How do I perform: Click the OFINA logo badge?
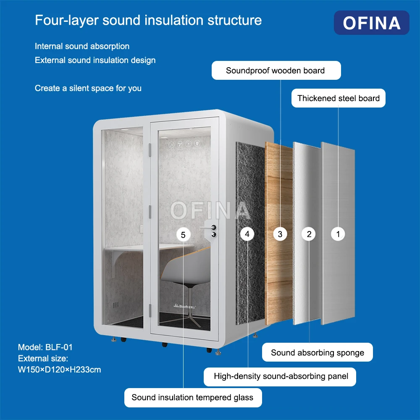371,23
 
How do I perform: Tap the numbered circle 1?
338,234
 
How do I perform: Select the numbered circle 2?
309,234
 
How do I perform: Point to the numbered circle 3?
280,234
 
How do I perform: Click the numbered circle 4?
247,234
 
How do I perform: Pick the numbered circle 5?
183,235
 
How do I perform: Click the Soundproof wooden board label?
276,71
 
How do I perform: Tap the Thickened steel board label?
338,98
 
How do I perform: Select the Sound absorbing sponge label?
318,352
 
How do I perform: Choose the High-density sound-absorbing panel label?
280,377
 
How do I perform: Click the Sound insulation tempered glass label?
193,397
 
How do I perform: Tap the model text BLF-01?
59,347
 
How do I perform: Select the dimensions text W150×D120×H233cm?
60,370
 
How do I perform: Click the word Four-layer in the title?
67,20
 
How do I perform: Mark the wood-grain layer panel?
278,233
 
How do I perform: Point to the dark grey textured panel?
250,233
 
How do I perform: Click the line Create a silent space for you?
88,88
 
